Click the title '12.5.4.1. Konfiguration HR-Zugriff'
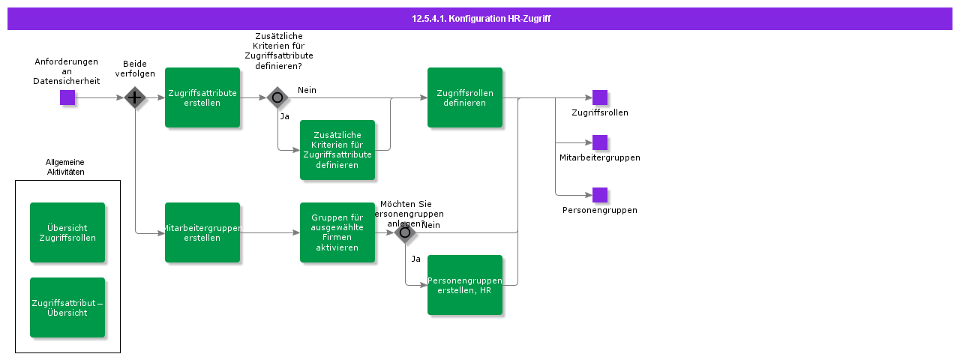(481, 19)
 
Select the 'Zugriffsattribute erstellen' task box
(202, 97)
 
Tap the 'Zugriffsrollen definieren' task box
(465, 97)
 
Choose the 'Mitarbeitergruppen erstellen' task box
(202, 232)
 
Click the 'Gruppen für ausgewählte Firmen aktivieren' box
(337, 232)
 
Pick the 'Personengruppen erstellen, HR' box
(465, 285)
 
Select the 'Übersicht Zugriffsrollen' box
(67, 232)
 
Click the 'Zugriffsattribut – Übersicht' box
(67, 307)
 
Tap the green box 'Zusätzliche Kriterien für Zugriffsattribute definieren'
(337, 150)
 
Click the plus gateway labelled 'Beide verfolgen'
(135, 97)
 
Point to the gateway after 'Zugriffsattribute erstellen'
(277, 97)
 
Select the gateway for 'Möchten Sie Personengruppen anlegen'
(405, 232)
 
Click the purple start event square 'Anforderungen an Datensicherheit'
(67, 97)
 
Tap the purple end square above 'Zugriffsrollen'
(600, 97)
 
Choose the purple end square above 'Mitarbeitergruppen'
(600, 142)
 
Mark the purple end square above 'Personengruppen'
(600, 195)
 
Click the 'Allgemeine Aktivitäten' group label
(65, 166)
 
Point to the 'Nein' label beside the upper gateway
(307, 90)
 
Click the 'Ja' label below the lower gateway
(415, 259)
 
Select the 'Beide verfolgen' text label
(135, 69)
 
